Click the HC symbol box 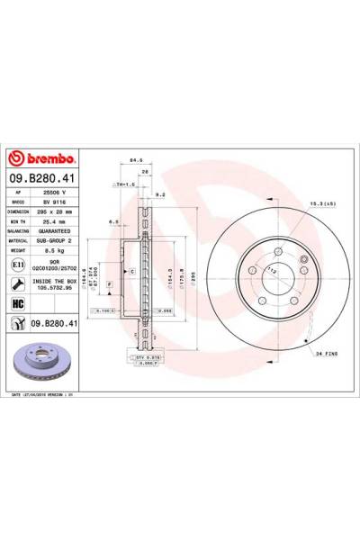[20, 303]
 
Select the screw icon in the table [20, 282]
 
